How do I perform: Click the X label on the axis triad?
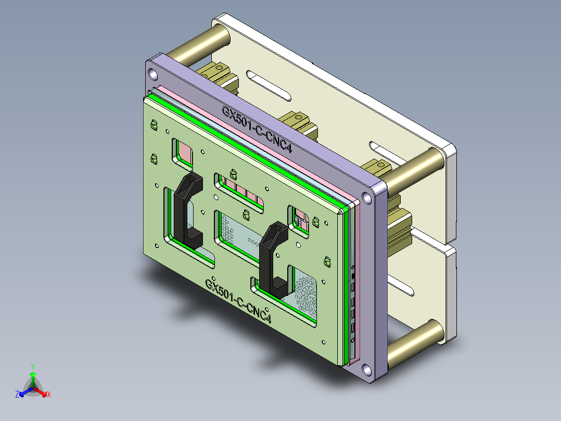click(x=49, y=394)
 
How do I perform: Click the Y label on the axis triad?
click(x=33, y=366)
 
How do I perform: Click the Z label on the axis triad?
click(x=17, y=394)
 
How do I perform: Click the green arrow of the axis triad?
click(x=33, y=378)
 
